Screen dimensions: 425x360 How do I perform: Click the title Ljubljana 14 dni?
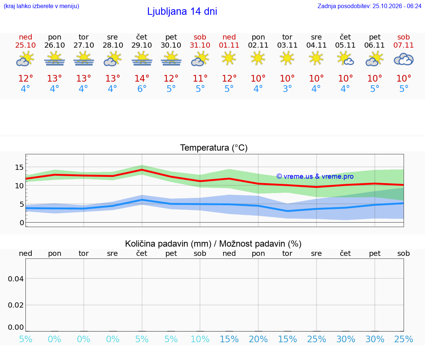[182, 11]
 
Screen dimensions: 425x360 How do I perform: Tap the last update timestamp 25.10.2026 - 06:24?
[397, 6]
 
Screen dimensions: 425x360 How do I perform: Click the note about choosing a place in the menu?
[41, 6]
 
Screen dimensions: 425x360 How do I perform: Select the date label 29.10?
[142, 45]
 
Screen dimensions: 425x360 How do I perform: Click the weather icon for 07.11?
[404, 59]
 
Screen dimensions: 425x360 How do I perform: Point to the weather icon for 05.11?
[345, 59]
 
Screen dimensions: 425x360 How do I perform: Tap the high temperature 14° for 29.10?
[142, 78]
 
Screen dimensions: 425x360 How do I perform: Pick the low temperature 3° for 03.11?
[287, 89]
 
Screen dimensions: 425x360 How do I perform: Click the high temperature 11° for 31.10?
[200, 78]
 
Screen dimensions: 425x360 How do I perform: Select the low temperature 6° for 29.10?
[142, 89]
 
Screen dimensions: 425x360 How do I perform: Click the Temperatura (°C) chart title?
[214, 148]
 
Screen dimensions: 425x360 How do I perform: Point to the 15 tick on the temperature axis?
[19, 167]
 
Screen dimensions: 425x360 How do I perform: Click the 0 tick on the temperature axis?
[22, 223]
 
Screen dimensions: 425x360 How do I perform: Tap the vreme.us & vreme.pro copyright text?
[315, 176]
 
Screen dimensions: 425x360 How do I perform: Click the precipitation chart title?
[213, 244]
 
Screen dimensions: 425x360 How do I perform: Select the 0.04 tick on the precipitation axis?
[16, 279]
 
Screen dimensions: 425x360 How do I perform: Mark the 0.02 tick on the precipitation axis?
[16, 305]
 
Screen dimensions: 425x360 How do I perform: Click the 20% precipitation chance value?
[258, 339]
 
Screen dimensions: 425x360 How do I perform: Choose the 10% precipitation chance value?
[200, 339]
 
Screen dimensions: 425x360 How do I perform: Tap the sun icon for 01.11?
[229, 59]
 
